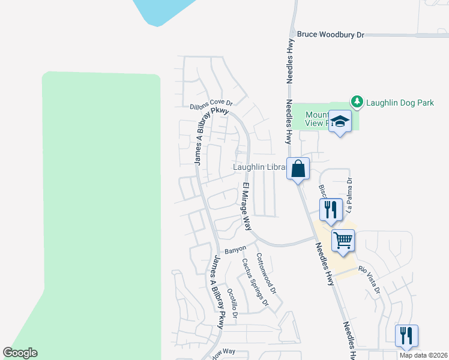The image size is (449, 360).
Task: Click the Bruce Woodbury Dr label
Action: (331, 35)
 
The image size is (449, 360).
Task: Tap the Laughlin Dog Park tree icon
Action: (357, 103)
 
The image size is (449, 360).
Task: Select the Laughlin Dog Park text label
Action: (401, 103)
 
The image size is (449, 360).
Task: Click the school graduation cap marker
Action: (340, 121)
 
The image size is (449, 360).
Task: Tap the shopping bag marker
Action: (298, 169)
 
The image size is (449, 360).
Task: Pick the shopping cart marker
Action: (343, 241)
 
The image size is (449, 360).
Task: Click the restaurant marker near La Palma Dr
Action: (330, 209)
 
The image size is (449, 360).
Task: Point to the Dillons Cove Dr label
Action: (211, 104)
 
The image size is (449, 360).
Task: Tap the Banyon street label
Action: (235, 249)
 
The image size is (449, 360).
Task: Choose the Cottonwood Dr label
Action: (266, 273)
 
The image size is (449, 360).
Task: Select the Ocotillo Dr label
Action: (232, 303)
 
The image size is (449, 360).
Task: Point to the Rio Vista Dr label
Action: (370, 280)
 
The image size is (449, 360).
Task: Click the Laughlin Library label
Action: (259, 168)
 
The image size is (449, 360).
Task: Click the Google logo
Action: (20, 353)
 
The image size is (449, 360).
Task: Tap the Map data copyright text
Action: (423, 355)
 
